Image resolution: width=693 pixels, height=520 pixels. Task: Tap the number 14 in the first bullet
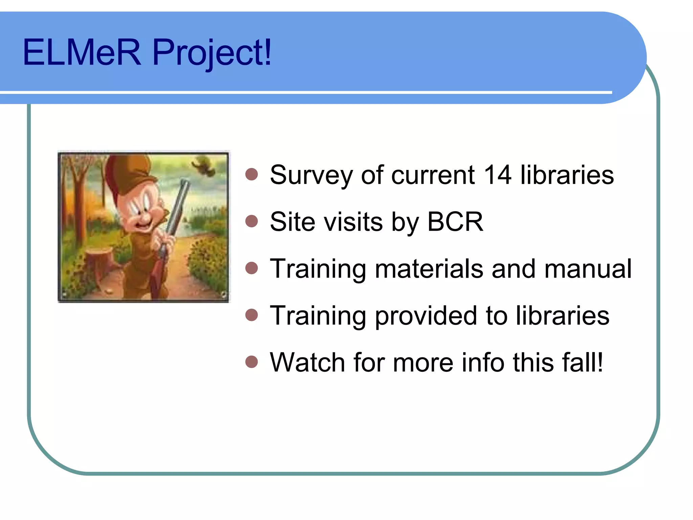(x=497, y=175)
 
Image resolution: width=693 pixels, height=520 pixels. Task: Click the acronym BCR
(x=455, y=222)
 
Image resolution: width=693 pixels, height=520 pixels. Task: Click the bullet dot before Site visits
(x=252, y=221)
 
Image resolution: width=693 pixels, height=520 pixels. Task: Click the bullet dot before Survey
(x=252, y=175)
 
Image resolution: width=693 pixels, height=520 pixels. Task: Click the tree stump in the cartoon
(x=98, y=261)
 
